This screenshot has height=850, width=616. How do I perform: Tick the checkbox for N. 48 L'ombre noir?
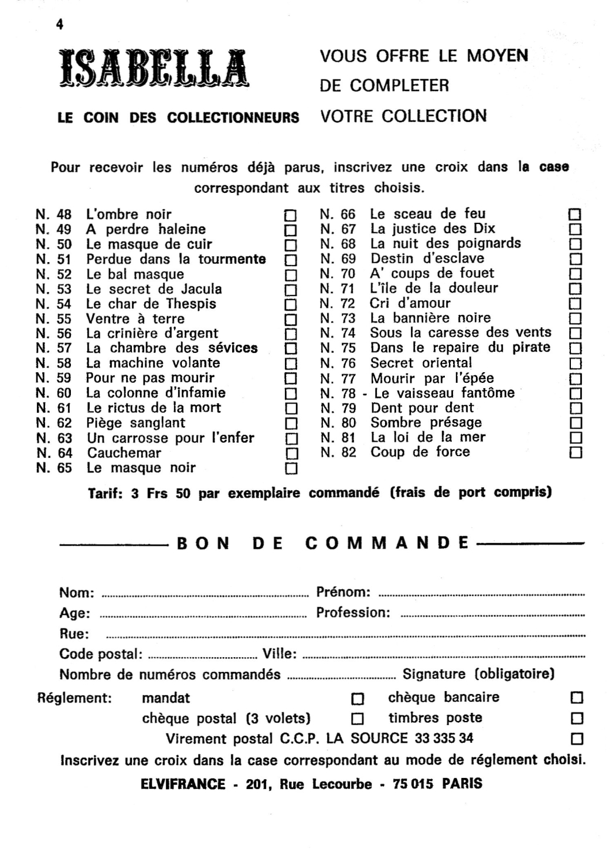coord(290,215)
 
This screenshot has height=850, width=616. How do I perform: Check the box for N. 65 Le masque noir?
coord(290,468)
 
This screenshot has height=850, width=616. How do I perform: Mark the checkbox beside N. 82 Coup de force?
coord(576,453)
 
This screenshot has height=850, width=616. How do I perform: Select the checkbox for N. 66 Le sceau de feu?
coord(576,214)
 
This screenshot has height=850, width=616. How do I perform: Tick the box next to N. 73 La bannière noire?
coord(576,318)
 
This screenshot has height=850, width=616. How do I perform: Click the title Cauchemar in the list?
coord(124,453)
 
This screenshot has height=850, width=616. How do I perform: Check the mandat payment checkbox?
coord(357,699)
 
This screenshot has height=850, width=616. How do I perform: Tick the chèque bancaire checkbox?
coord(577,698)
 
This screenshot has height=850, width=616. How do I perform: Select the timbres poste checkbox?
coord(577,718)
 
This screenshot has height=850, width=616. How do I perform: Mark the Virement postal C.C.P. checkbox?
coord(577,738)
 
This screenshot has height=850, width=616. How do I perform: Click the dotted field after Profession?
coord(492,616)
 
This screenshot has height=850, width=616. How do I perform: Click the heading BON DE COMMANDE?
coord(323,543)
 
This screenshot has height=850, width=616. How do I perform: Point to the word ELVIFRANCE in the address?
coord(183,784)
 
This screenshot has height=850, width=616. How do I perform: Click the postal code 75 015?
coord(413,784)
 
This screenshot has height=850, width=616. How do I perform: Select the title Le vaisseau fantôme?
coord(444,393)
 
